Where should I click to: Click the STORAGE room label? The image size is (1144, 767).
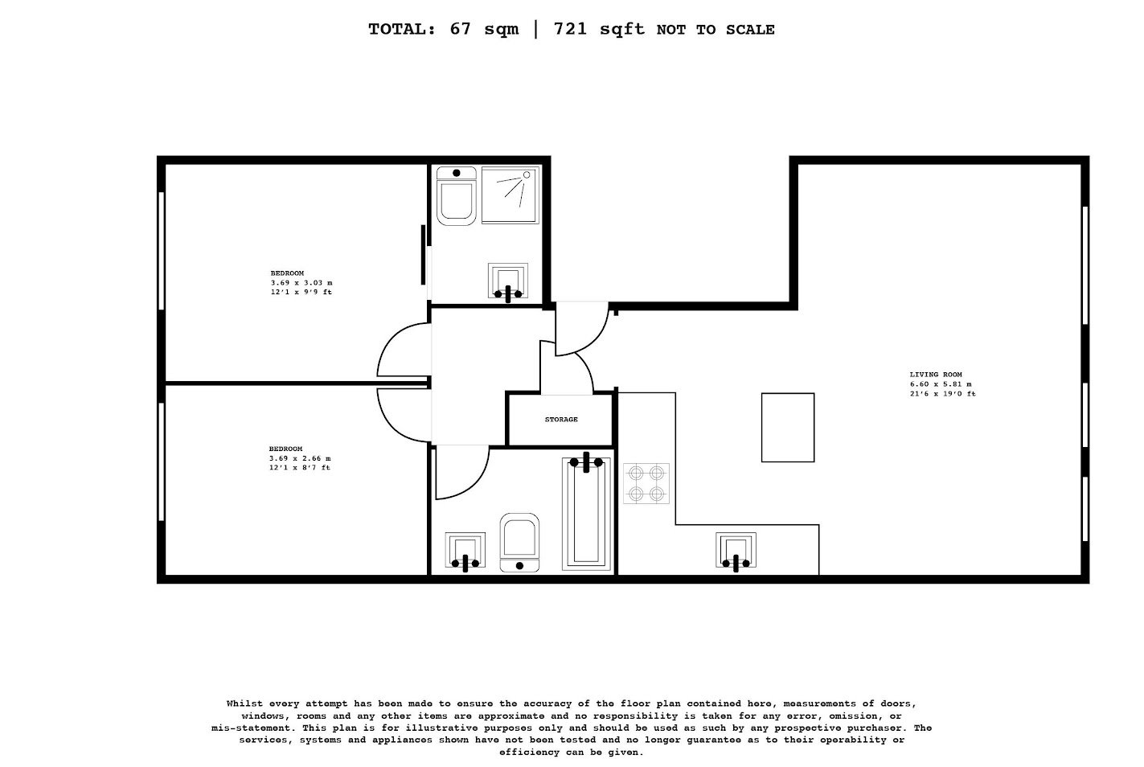click(561, 420)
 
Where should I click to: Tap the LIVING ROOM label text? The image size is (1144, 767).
click(936, 375)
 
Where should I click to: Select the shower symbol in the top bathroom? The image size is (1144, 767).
click(510, 195)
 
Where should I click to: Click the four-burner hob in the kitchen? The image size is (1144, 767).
click(646, 484)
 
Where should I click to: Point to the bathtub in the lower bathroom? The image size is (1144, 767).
click(586, 514)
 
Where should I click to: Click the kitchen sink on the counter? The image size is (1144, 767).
click(736, 551)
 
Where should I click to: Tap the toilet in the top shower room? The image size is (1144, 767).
click(457, 196)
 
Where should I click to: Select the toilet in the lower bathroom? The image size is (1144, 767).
click(519, 543)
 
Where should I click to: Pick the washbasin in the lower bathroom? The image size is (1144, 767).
click(465, 551)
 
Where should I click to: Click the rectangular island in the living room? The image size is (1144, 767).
click(788, 428)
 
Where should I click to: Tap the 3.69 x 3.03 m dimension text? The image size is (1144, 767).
click(301, 283)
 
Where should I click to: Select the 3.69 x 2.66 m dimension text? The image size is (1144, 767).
click(301, 458)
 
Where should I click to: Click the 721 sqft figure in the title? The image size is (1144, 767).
click(599, 29)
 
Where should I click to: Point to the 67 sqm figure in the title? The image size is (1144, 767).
click(484, 29)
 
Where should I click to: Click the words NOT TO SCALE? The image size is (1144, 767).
click(716, 30)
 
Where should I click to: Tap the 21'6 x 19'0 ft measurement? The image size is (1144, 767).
click(943, 394)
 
